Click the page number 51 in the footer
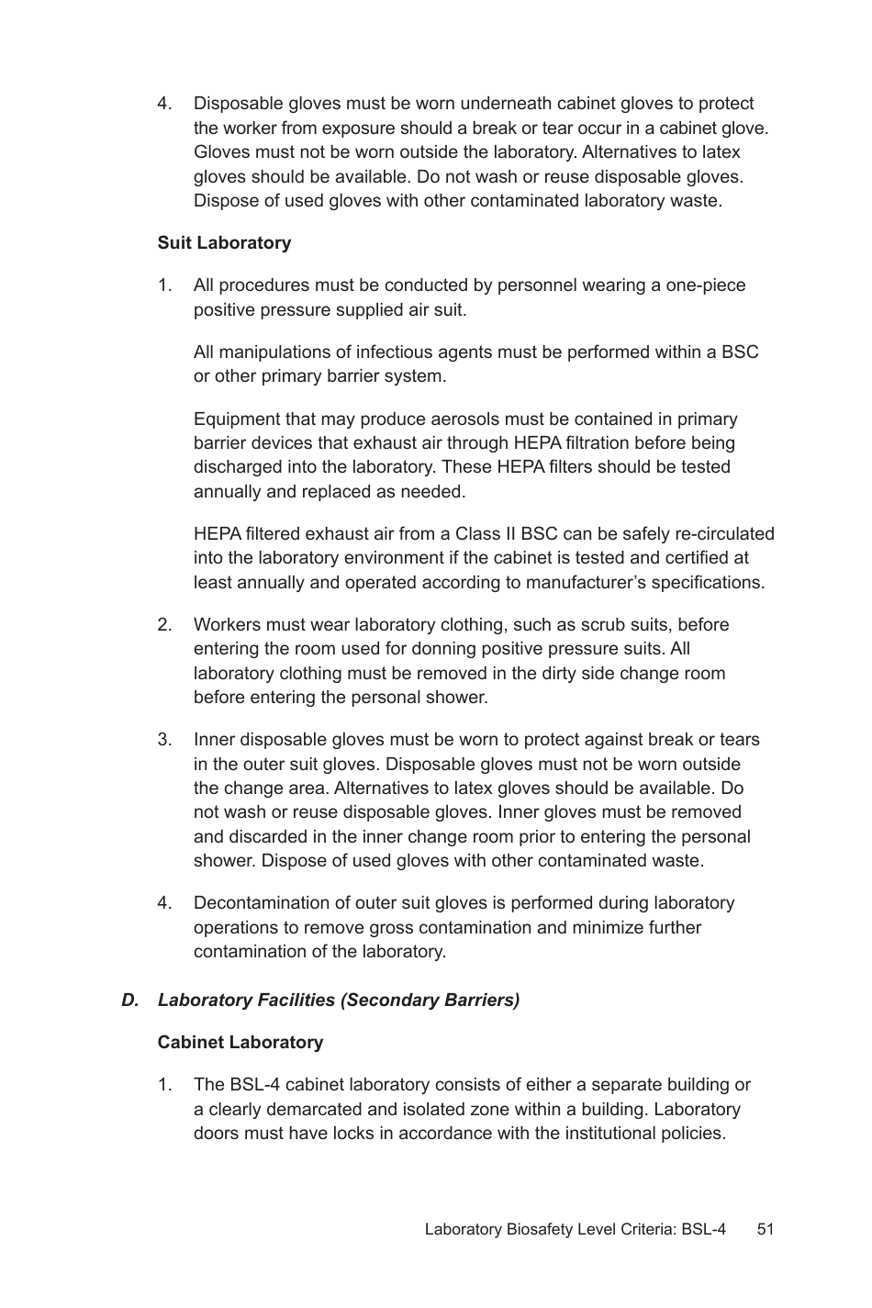[x=766, y=1229]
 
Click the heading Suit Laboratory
[x=224, y=243]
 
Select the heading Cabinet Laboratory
[x=240, y=1043]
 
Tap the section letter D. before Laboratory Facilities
[x=129, y=1001]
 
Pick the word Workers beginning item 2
[x=225, y=625]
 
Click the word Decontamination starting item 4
[x=260, y=903]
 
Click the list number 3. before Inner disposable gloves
[x=164, y=740]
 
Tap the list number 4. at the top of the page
[x=164, y=104]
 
